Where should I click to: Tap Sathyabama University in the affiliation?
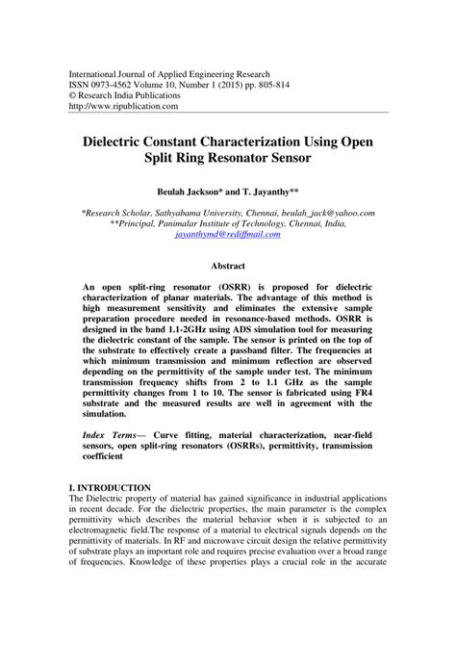(x=195, y=213)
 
